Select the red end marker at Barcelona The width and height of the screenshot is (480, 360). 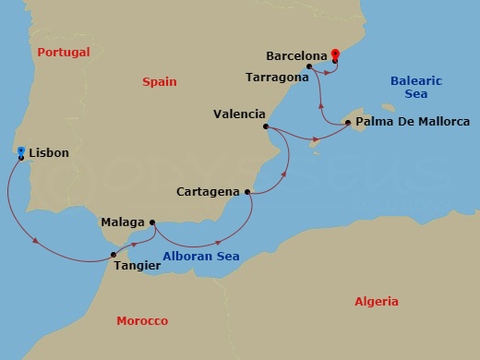click(334, 56)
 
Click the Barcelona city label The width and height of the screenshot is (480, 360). click(296, 55)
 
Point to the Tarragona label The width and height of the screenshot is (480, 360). click(277, 77)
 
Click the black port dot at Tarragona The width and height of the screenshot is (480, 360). click(310, 66)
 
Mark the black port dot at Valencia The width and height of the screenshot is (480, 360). click(266, 126)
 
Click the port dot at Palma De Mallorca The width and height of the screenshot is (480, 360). click(346, 122)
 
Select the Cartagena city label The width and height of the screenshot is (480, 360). click(209, 192)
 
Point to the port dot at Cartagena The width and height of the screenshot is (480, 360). click(248, 192)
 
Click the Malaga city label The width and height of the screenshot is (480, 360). click(123, 222)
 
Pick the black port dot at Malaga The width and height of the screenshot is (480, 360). click(151, 222)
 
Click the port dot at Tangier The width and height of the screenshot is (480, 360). click(114, 254)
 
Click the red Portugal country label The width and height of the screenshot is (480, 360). click(63, 53)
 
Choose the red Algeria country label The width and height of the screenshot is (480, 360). click(377, 301)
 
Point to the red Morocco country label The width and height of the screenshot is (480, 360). click(142, 321)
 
